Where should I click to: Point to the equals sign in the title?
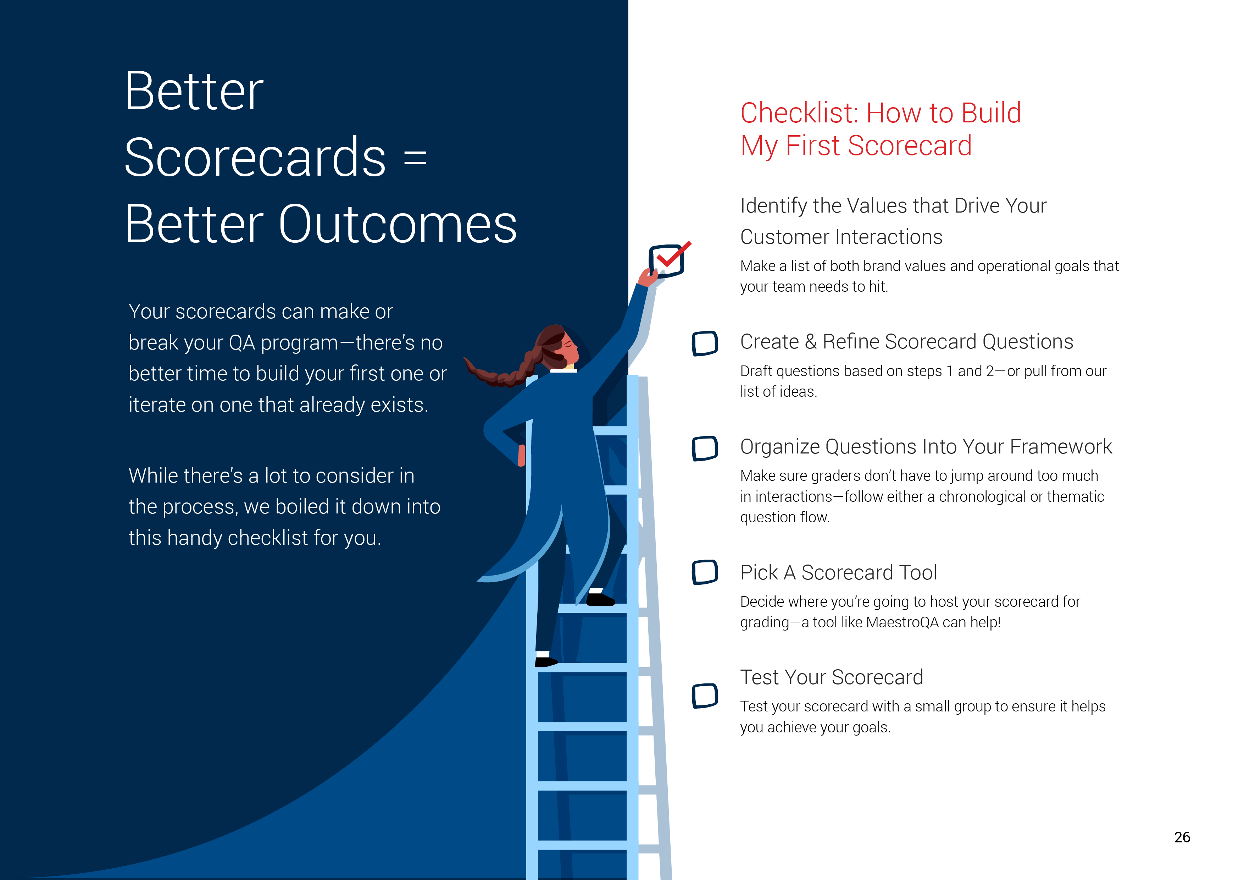point(416,158)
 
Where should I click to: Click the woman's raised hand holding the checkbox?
point(648,277)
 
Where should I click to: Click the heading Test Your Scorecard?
point(831,677)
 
